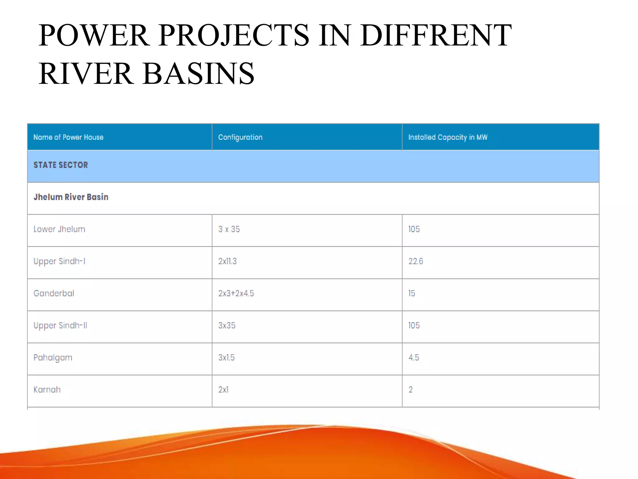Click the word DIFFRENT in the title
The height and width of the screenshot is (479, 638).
pos(436,35)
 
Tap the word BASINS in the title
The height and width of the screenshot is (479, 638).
pos(198,74)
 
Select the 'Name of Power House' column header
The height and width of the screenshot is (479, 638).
pos(68,137)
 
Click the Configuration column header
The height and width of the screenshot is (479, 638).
pos(240,137)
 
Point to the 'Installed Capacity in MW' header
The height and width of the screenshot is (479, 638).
pos(448,137)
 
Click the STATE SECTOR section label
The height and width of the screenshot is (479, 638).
pos(61,165)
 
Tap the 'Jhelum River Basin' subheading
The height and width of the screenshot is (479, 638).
pos(71,197)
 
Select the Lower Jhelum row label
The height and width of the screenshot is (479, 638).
pos(59,229)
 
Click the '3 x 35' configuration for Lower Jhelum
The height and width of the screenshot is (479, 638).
pos(229,229)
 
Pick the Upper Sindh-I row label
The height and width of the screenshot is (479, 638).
pos(59,261)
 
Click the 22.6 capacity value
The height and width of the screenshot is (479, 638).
pos(416,261)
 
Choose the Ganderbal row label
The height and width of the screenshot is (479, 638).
pos(54,293)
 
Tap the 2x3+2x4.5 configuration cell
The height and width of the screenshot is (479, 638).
pos(236,293)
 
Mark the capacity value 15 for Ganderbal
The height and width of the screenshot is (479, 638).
pos(412,293)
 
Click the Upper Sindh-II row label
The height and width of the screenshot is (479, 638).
pos(60,326)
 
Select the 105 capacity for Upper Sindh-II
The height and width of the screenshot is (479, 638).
pos(414,326)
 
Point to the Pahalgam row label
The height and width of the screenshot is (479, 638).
pos(53,358)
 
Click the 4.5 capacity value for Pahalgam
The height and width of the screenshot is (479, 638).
pos(414,358)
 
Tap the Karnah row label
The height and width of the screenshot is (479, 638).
pos(47,390)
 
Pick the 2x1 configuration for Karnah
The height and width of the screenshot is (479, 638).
pos(223,390)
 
